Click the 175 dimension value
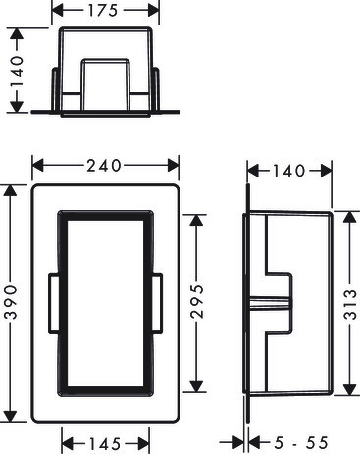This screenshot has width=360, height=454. click(102, 11)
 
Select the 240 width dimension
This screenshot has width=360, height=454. click(104, 166)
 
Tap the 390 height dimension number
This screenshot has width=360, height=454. click(12, 302)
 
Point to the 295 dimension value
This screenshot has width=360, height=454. click(197, 301)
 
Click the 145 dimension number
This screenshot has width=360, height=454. click(105, 444)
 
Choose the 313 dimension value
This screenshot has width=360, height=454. click(350, 304)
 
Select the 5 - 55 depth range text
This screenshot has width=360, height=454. click(301, 443)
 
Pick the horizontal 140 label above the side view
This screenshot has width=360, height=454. click(288, 171)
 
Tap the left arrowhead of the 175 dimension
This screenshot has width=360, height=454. click(58, 11)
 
